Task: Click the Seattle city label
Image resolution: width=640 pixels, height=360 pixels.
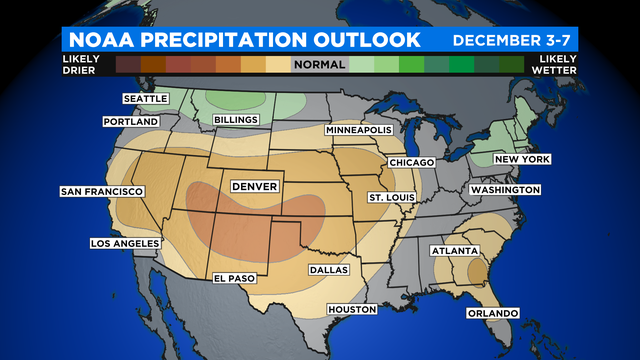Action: coord(146,99)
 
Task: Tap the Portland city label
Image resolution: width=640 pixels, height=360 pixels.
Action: coord(131,122)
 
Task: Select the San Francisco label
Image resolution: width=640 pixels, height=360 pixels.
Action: coord(102,191)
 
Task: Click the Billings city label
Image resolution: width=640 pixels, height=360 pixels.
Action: coord(236,120)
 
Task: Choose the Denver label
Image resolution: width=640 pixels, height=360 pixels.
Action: coord(254,187)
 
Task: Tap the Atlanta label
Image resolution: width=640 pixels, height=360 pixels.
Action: coord(455,251)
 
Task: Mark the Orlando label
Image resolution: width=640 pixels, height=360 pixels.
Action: coord(492,313)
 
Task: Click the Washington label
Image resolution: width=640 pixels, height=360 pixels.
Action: coord(505,190)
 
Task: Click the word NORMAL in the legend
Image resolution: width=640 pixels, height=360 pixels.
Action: coord(319,65)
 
